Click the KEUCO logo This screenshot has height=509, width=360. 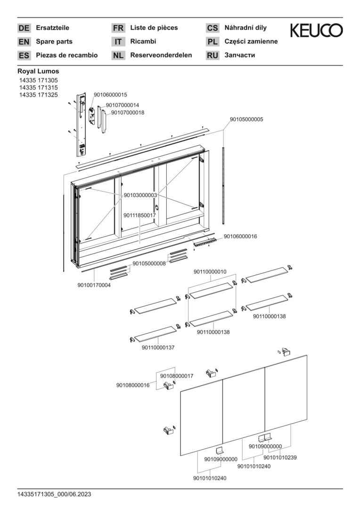click(316, 31)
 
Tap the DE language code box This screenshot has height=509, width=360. click(24, 28)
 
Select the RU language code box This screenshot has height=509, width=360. click(213, 55)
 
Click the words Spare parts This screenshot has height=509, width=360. click(54, 41)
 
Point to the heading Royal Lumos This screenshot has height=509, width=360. click(38, 71)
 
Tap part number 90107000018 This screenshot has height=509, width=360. click(128, 113)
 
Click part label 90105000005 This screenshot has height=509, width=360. click(246, 120)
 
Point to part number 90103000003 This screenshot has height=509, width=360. click(140, 195)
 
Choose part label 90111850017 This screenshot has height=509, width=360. click(139, 215)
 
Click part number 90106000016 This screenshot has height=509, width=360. click(240, 237)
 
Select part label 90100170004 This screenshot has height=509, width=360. click(94, 285)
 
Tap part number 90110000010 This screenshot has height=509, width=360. click(210, 272)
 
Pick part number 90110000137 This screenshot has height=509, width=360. click(158, 347)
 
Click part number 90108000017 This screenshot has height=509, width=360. click(177, 376)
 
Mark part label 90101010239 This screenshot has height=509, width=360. click(280, 457)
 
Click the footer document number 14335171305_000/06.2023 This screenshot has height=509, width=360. click(54, 494)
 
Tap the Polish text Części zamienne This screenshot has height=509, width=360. click(251, 41)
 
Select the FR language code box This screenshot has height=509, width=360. click(118, 28)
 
